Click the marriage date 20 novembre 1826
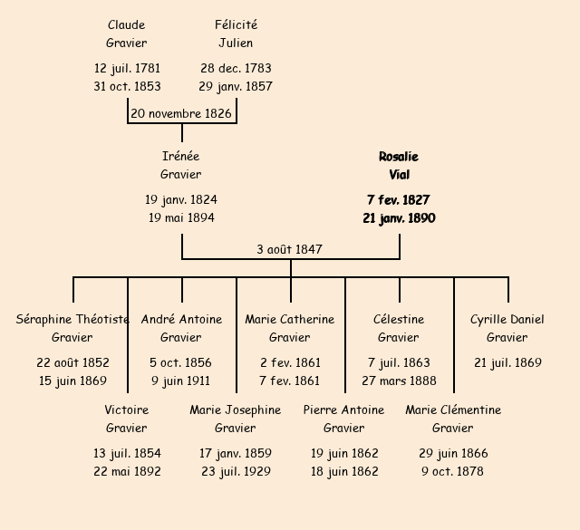181,114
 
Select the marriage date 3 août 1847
289,249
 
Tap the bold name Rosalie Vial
399,166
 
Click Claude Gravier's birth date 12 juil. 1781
127,69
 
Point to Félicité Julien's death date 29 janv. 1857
236,87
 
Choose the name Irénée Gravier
181,166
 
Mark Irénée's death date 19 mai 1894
181,218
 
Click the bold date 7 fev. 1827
399,200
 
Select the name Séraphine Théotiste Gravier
72,329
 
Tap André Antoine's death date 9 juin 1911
180,381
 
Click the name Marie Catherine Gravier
290,329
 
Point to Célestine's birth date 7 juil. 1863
399,363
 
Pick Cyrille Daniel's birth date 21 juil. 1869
507,363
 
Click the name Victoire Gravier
127,419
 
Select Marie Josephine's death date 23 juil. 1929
236,472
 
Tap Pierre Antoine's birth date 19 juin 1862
344,454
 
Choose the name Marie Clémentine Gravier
453,419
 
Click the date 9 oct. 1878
453,472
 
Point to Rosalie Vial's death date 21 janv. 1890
399,218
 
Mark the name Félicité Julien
236,34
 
